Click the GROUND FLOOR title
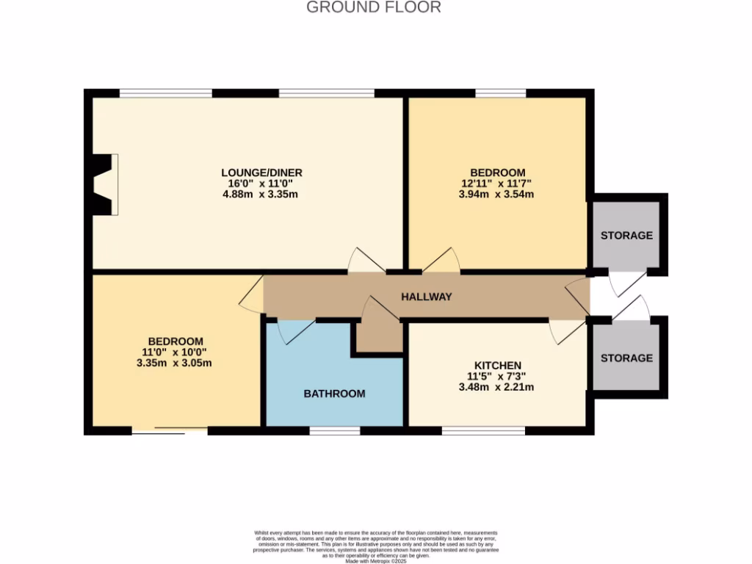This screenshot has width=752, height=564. coord(374,7)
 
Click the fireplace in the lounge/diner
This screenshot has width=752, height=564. coord(103,184)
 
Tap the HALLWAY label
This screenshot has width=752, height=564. coord(426,297)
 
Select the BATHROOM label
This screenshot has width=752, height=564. coord(334,394)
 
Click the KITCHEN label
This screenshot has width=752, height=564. coord(497,365)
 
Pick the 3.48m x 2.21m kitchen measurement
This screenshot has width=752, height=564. coord(497,387)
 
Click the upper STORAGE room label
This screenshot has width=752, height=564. coord(626,236)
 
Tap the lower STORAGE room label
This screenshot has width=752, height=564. coord(626,358)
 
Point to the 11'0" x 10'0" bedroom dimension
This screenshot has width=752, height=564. coord(176,352)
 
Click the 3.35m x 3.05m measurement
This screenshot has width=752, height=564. coord(176,363)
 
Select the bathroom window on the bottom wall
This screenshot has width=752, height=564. coord(334,430)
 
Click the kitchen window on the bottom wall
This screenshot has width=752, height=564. coord(483,430)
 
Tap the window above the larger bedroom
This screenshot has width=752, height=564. coord(500,93)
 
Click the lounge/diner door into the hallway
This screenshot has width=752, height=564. coord(365,261)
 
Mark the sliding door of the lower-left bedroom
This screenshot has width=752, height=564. coord(170,431)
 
